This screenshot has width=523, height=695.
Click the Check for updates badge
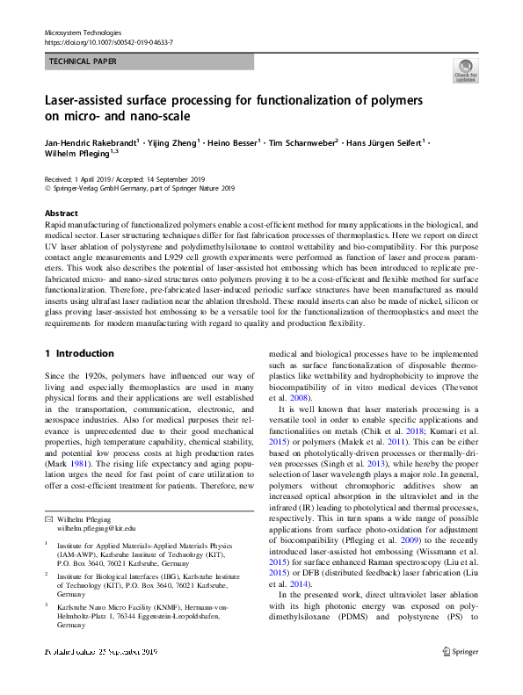tap(465, 71)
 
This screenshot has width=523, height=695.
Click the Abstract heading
tap(62, 214)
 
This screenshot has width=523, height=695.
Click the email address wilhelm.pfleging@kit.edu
tap(96, 529)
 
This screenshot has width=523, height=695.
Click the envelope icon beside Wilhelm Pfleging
tap(48, 519)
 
